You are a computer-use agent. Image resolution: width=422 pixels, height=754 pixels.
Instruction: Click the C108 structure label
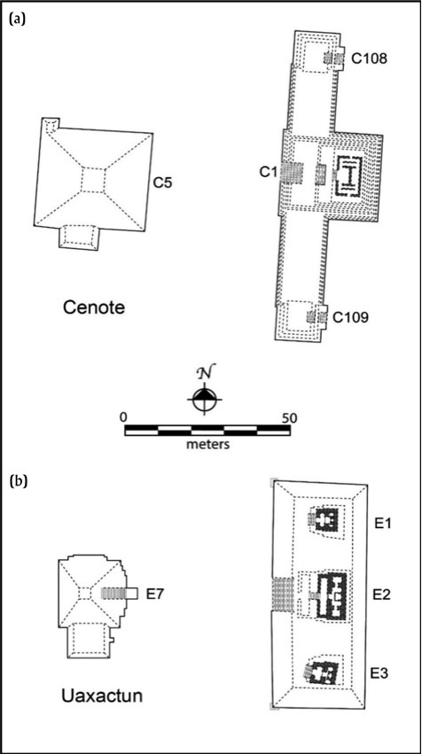369,58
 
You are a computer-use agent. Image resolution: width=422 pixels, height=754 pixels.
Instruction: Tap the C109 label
351,318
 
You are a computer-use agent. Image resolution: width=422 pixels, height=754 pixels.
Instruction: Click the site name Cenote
93,307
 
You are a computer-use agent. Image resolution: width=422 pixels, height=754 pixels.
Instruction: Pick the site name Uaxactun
102,696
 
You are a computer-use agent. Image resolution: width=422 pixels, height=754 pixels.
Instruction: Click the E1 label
382,523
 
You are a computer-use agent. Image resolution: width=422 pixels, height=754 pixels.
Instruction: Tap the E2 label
382,595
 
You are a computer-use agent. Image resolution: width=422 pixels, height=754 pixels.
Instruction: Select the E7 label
155,595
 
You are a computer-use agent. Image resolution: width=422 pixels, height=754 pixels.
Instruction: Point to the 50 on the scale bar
289,417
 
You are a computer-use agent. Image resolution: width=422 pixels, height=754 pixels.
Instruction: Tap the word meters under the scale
207,443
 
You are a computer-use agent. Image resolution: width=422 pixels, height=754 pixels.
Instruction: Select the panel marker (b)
18,480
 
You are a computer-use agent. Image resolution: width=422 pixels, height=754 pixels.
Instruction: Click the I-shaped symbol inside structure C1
351,176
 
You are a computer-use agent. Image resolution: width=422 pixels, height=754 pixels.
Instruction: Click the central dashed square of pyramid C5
93,179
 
